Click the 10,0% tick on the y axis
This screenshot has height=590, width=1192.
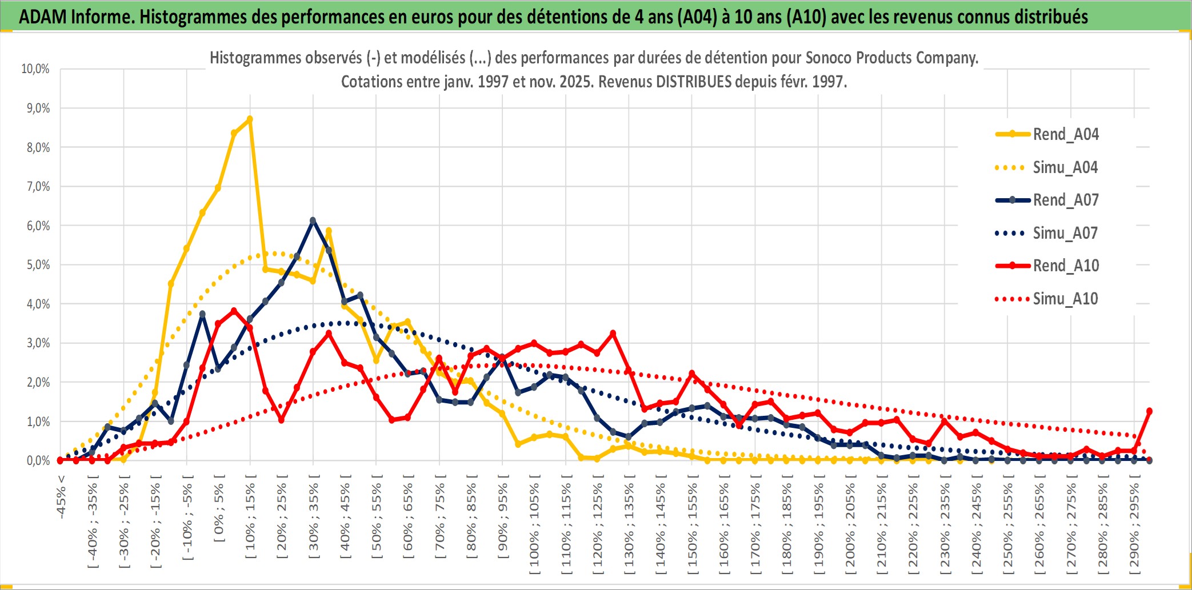coord(35,69)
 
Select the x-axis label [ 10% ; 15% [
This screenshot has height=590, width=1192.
coord(250,520)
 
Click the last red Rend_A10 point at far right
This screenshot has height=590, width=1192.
coord(1149,411)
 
